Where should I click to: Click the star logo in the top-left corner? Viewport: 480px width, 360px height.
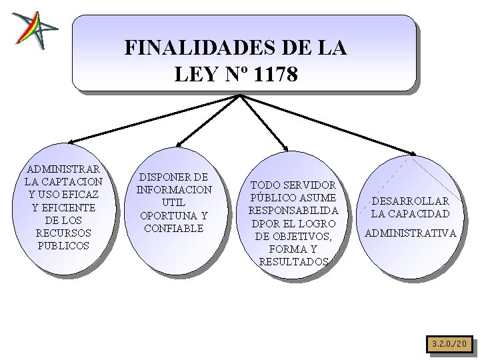pyautogui.click(x=34, y=30)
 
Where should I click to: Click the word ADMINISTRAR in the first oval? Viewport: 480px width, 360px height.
pyautogui.click(x=64, y=169)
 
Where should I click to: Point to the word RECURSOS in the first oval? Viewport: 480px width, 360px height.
pyautogui.click(x=64, y=233)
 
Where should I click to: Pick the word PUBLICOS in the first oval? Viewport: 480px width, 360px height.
pyautogui.click(x=64, y=245)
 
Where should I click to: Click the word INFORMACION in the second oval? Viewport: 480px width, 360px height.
pyautogui.click(x=174, y=190)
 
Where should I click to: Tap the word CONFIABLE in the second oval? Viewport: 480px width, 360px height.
pyautogui.click(x=174, y=228)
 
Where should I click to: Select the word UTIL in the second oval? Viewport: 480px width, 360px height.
pyautogui.click(x=174, y=203)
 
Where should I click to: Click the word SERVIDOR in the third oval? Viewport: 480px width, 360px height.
pyautogui.click(x=311, y=185)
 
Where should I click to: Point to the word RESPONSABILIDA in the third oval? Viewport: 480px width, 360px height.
pyautogui.click(x=293, y=211)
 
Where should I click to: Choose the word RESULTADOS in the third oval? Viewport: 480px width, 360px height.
pyautogui.click(x=293, y=262)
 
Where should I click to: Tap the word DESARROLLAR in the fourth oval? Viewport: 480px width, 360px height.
pyautogui.click(x=411, y=201)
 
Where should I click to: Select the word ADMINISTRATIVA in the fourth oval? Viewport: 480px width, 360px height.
pyautogui.click(x=411, y=233)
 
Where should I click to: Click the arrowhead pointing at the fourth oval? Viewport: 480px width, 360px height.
pyautogui.click(x=410, y=153)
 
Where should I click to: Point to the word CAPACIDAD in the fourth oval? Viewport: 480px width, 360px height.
pyautogui.click(x=420, y=214)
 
